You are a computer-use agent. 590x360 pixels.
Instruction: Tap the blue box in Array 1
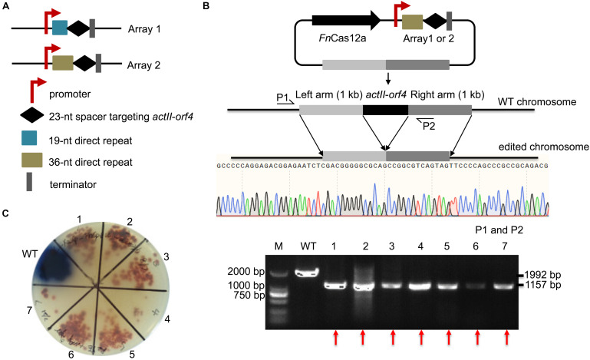pyautogui.click(x=60, y=28)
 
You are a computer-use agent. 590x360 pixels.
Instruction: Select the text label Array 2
pyautogui.click(x=145, y=65)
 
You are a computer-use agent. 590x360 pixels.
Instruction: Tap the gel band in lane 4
pyautogui.click(x=421, y=286)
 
